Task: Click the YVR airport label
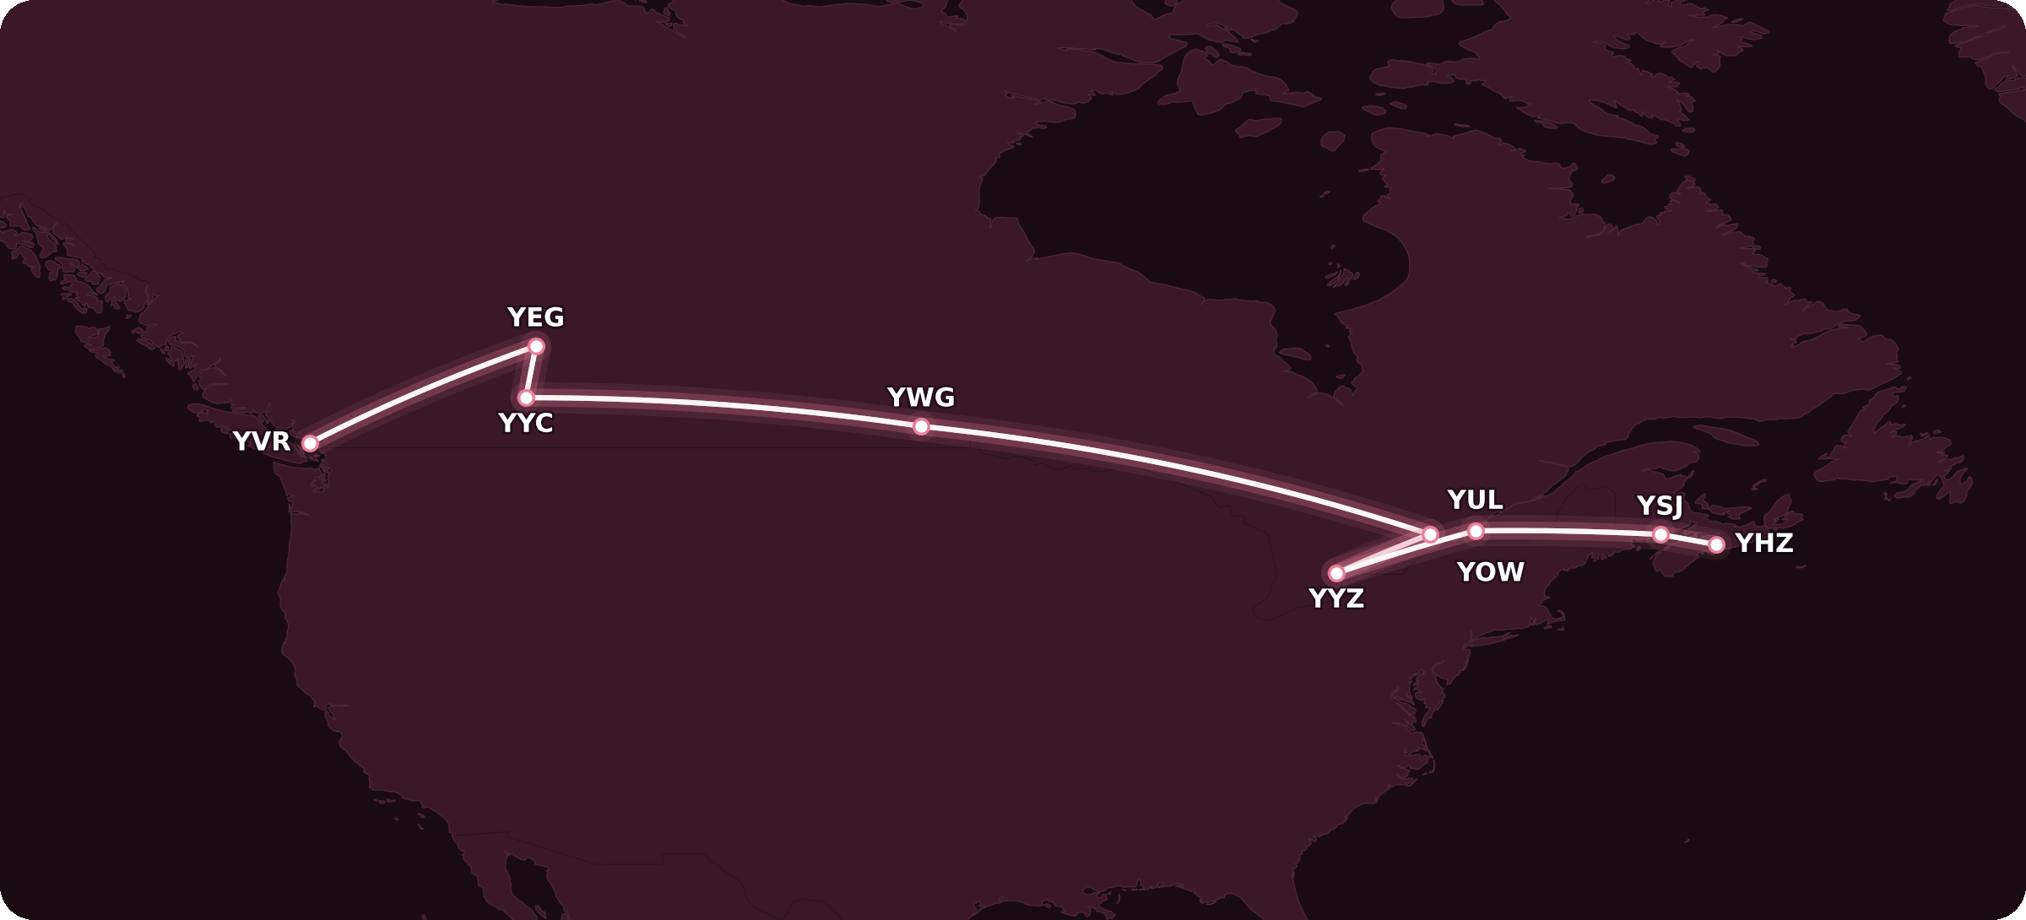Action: point(262,441)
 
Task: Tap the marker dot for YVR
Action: point(310,444)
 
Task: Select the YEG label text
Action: point(535,318)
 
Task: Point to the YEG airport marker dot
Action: point(536,346)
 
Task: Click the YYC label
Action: point(525,424)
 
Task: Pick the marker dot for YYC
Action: point(526,398)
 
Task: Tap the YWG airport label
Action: point(920,398)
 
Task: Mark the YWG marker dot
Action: point(921,427)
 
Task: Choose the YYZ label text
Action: point(1335,599)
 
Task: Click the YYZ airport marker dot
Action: point(1336,574)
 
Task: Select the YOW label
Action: point(1490,573)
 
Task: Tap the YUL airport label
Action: point(1475,501)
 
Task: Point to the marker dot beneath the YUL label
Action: point(1476,531)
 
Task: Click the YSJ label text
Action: point(1660,506)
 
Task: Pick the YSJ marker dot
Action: point(1660,534)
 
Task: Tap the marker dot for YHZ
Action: point(1716,545)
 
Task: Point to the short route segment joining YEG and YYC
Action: point(531,372)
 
